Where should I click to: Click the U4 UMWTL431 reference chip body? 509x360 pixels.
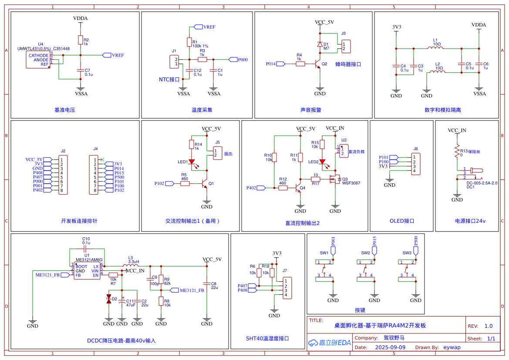[38, 60]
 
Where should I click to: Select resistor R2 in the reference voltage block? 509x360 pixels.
[80, 40]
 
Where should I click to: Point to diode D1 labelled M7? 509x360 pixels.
[320, 44]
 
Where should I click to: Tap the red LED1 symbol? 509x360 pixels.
[192, 162]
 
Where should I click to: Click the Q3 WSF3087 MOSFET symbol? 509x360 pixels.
[335, 179]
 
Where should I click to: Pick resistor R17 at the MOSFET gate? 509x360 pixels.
[316, 179]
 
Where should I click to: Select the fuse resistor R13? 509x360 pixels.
[457, 151]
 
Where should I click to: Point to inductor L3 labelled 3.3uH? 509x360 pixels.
[131, 265]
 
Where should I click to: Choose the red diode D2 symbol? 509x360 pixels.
[109, 299]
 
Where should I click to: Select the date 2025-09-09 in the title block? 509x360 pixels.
[390, 347]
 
